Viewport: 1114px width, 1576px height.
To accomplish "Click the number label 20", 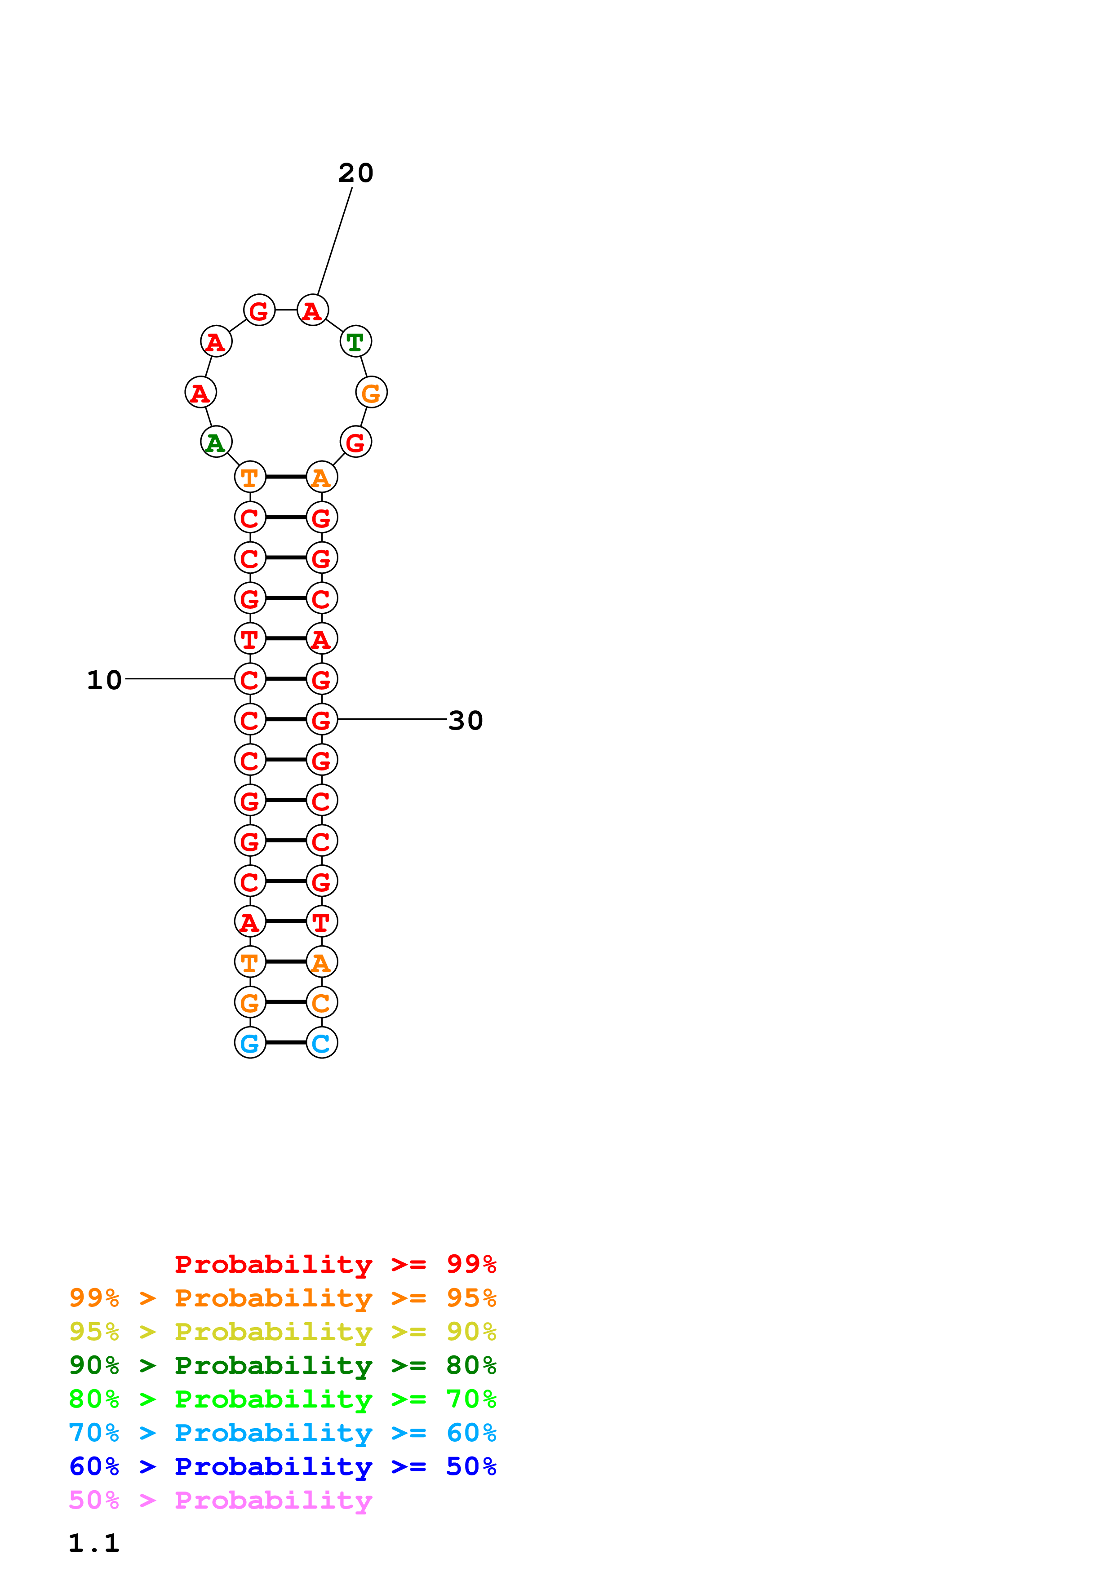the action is tap(355, 173).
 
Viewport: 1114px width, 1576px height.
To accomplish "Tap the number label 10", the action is tap(104, 680).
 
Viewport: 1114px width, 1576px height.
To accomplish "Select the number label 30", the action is tap(466, 721).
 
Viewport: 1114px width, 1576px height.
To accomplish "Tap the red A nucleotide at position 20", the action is tap(312, 310).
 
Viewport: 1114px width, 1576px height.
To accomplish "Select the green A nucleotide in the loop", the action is tap(216, 442).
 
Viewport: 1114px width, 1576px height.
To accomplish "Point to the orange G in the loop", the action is tap(371, 393).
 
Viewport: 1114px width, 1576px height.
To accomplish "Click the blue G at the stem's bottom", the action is tap(250, 1043).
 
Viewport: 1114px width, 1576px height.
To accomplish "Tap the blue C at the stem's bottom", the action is tap(322, 1043).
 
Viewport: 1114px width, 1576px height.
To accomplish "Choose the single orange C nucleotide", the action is tap(322, 1002).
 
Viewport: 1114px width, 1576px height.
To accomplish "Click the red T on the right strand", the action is tap(322, 922).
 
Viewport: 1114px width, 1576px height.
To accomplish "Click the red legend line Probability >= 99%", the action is tap(335, 1264).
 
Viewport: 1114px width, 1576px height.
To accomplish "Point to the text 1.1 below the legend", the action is tap(94, 1543).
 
